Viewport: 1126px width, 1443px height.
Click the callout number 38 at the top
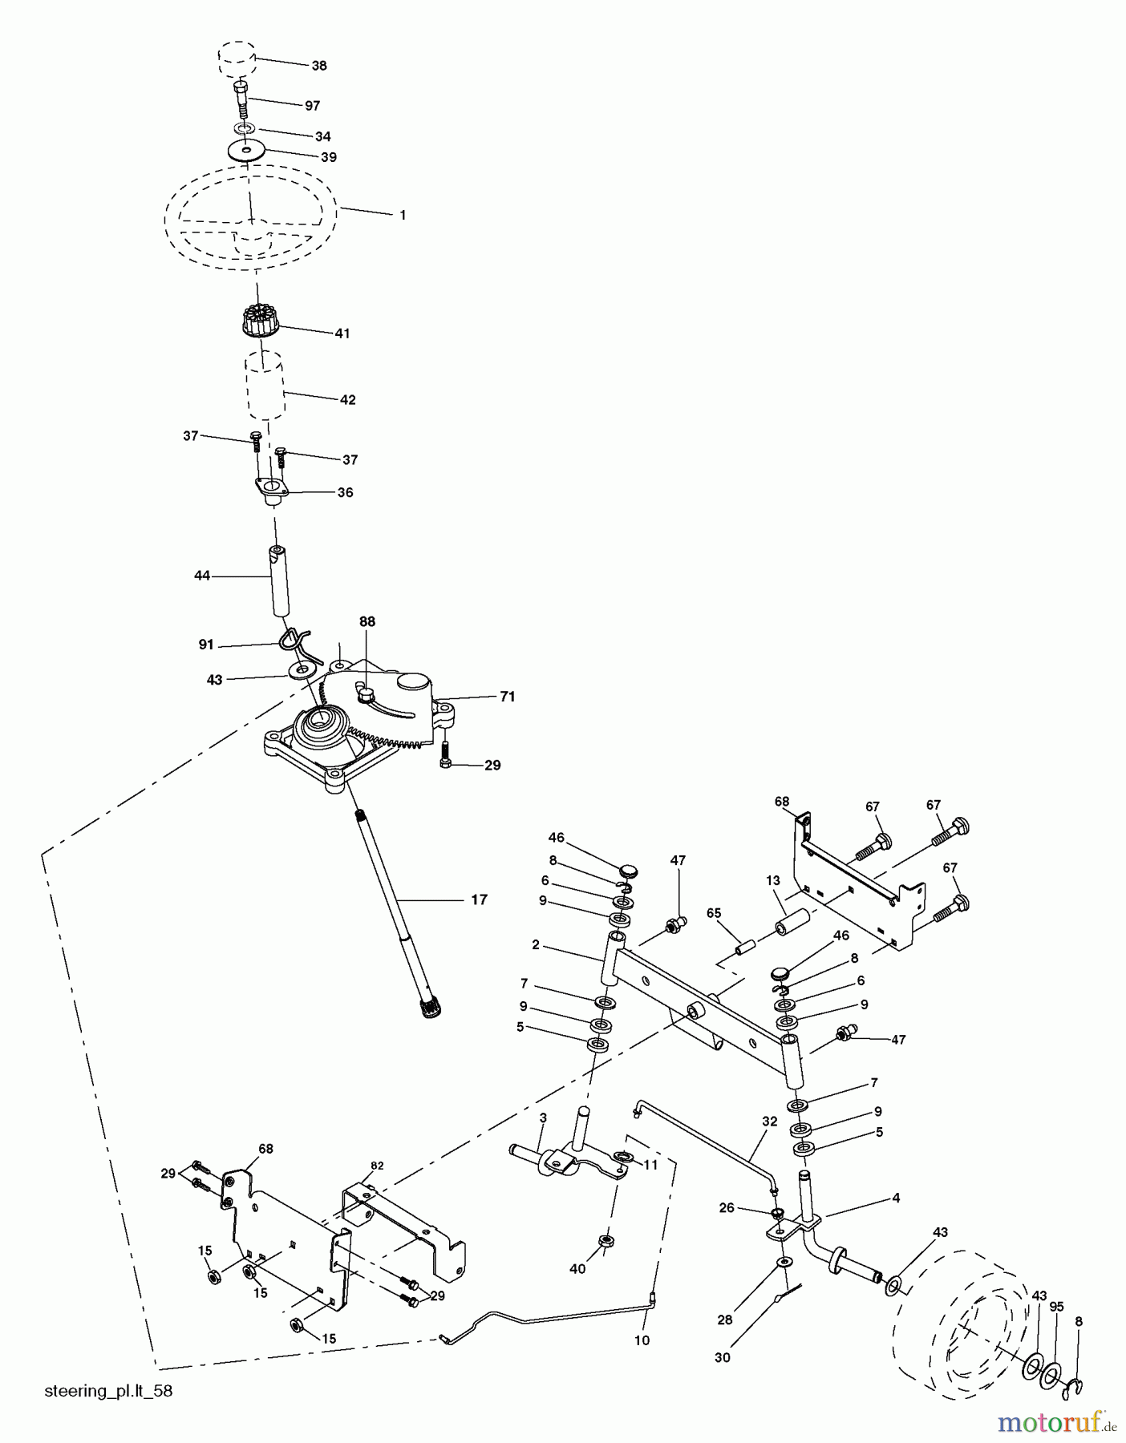(319, 66)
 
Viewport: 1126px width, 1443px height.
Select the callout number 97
(312, 106)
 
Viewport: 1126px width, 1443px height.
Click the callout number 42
(347, 399)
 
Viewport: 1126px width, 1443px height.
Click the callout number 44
(202, 576)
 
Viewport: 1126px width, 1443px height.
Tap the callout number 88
(367, 621)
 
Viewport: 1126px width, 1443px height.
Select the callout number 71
(507, 697)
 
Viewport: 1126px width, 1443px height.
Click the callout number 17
(479, 899)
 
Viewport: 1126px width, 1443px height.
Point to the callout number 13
(772, 880)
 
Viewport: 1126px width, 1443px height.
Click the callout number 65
(714, 912)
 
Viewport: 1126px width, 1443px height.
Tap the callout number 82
(377, 1166)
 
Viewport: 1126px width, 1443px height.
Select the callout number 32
(770, 1122)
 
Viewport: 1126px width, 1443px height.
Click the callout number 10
(642, 1340)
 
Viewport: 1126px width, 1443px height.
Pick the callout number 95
(1056, 1307)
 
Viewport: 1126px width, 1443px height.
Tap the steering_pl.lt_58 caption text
(108, 1391)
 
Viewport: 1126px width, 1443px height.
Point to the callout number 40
(577, 1268)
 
